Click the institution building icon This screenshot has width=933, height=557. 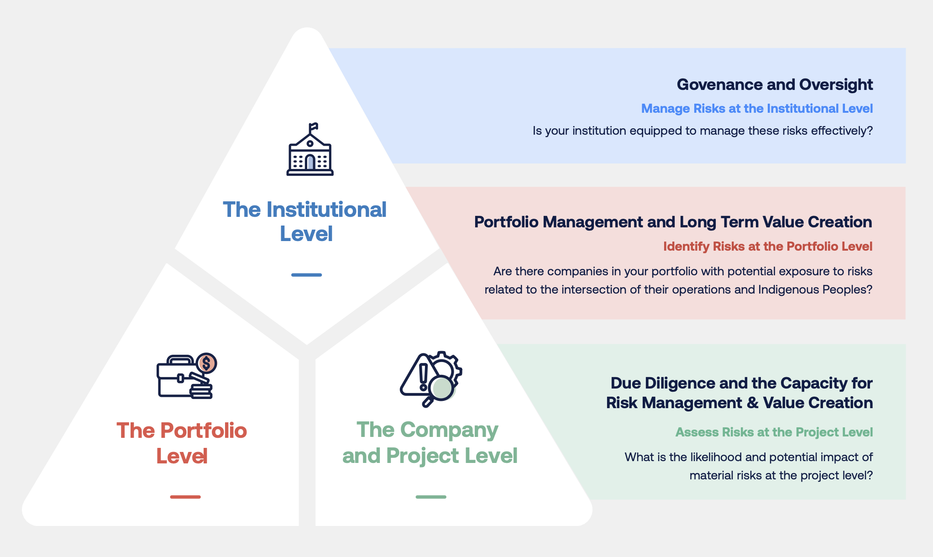tap(310, 153)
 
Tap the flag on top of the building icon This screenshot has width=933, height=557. tap(313, 126)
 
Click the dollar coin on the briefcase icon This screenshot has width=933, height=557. tap(207, 363)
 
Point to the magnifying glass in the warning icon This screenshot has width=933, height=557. tap(441, 389)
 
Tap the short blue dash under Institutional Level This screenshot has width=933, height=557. tap(306, 275)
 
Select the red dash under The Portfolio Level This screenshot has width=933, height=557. tap(185, 497)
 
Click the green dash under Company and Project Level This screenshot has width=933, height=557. tap(431, 497)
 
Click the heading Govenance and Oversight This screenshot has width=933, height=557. tap(775, 84)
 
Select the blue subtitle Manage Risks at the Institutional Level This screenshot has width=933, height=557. tap(757, 109)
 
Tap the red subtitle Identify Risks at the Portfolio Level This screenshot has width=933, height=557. tap(767, 247)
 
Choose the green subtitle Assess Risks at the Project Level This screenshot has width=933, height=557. tap(774, 432)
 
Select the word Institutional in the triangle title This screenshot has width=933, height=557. tap(326, 210)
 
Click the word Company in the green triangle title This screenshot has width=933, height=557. tap(449, 430)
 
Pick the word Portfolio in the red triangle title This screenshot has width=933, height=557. tap(204, 431)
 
